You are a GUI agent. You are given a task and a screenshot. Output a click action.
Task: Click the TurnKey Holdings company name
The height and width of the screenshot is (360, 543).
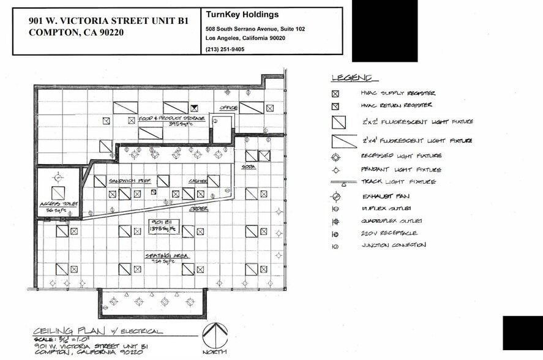pos(242,15)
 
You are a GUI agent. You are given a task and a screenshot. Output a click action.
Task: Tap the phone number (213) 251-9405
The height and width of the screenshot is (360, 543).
pos(226,49)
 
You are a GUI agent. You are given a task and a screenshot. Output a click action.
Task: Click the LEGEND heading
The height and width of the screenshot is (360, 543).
pos(351,78)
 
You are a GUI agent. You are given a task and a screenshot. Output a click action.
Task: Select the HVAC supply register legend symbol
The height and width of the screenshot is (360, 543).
pos(335,94)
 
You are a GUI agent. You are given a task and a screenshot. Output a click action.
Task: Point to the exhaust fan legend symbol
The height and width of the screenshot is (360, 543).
pos(335,197)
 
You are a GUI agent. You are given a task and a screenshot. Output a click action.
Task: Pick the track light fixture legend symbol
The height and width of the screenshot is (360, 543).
pos(343,182)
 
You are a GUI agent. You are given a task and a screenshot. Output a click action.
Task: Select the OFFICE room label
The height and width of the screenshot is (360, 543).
pos(228,108)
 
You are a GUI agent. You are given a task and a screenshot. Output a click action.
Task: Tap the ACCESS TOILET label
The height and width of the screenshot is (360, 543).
pos(54,205)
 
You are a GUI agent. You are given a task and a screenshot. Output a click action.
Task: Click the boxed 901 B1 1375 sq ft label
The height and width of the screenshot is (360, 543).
pos(163,225)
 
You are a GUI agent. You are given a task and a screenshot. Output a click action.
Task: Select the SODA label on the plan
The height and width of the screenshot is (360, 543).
pos(249,167)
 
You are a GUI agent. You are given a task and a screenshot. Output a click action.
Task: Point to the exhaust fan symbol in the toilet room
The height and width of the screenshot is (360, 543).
pos(58,178)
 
